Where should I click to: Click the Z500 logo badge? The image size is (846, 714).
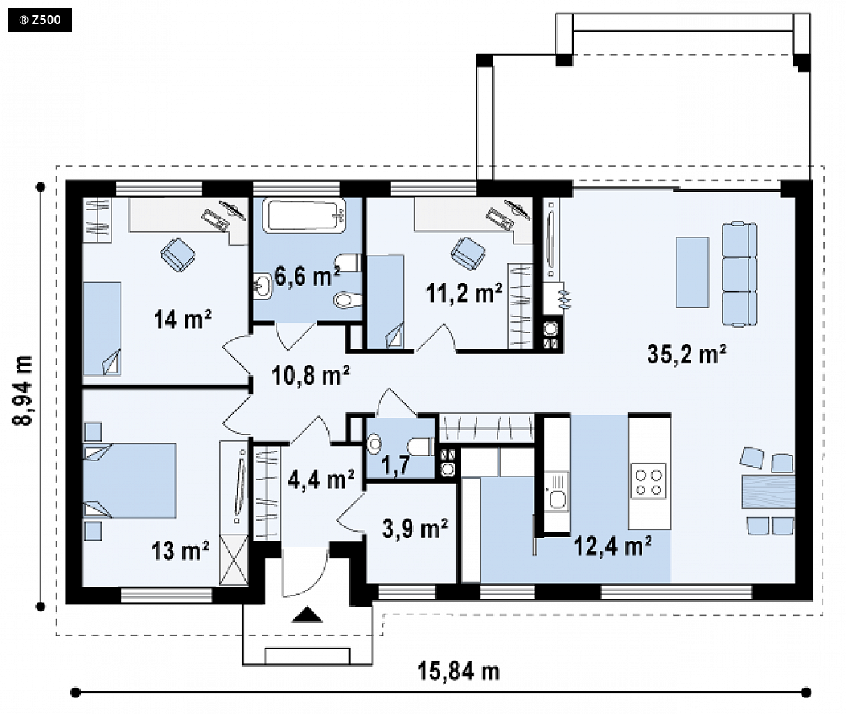pyautogui.click(x=39, y=20)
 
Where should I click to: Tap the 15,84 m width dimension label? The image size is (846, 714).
pyautogui.click(x=458, y=671)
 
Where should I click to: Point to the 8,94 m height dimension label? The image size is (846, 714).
pyautogui.click(x=23, y=391)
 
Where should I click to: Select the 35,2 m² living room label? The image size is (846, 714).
pyautogui.click(x=686, y=354)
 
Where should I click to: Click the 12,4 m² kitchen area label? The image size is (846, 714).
pyautogui.click(x=612, y=546)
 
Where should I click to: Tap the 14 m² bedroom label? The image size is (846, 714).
pyautogui.click(x=182, y=319)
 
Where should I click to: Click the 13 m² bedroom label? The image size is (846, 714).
pyautogui.click(x=180, y=551)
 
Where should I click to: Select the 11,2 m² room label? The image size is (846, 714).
pyautogui.click(x=464, y=293)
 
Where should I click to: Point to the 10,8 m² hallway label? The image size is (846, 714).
pyautogui.click(x=310, y=375)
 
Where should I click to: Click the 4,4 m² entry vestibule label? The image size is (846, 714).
pyautogui.click(x=321, y=479)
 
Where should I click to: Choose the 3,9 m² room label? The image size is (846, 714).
pyautogui.click(x=415, y=529)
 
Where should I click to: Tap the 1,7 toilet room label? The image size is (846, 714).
pyautogui.click(x=395, y=464)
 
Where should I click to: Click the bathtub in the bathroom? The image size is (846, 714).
pyautogui.click(x=305, y=216)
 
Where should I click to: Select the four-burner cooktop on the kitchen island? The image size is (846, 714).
pyautogui.click(x=648, y=481)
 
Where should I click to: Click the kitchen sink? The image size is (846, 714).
pyautogui.click(x=556, y=491)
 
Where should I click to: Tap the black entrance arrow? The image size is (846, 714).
pyautogui.click(x=307, y=614)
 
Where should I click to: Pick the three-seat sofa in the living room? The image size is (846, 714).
pyautogui.click(x=739, y=274)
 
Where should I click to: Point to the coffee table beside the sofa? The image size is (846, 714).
pyautogui.click(x=692, y=272)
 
